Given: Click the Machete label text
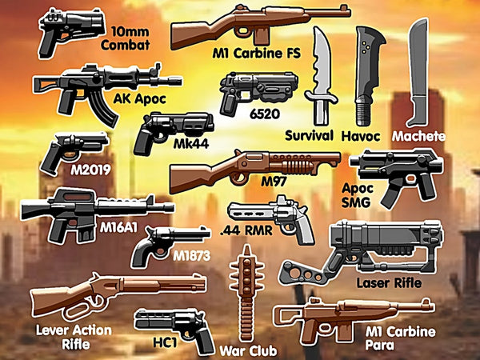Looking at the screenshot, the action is pos(418,136).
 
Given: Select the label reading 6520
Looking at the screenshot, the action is pos(265,114).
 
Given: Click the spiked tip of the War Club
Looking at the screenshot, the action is pos(246,250).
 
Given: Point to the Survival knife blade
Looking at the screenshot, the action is pos(320,62).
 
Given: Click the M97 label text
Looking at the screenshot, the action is pos(274,182).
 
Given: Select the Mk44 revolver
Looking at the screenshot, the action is pos(174,131).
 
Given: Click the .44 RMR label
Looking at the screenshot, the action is pos(246,230).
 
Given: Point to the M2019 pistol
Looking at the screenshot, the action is pos(74,151).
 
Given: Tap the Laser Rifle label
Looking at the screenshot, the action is pos(389,283).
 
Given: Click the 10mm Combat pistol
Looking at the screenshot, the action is pos(71,30).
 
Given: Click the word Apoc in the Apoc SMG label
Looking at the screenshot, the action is pos(358,189).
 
